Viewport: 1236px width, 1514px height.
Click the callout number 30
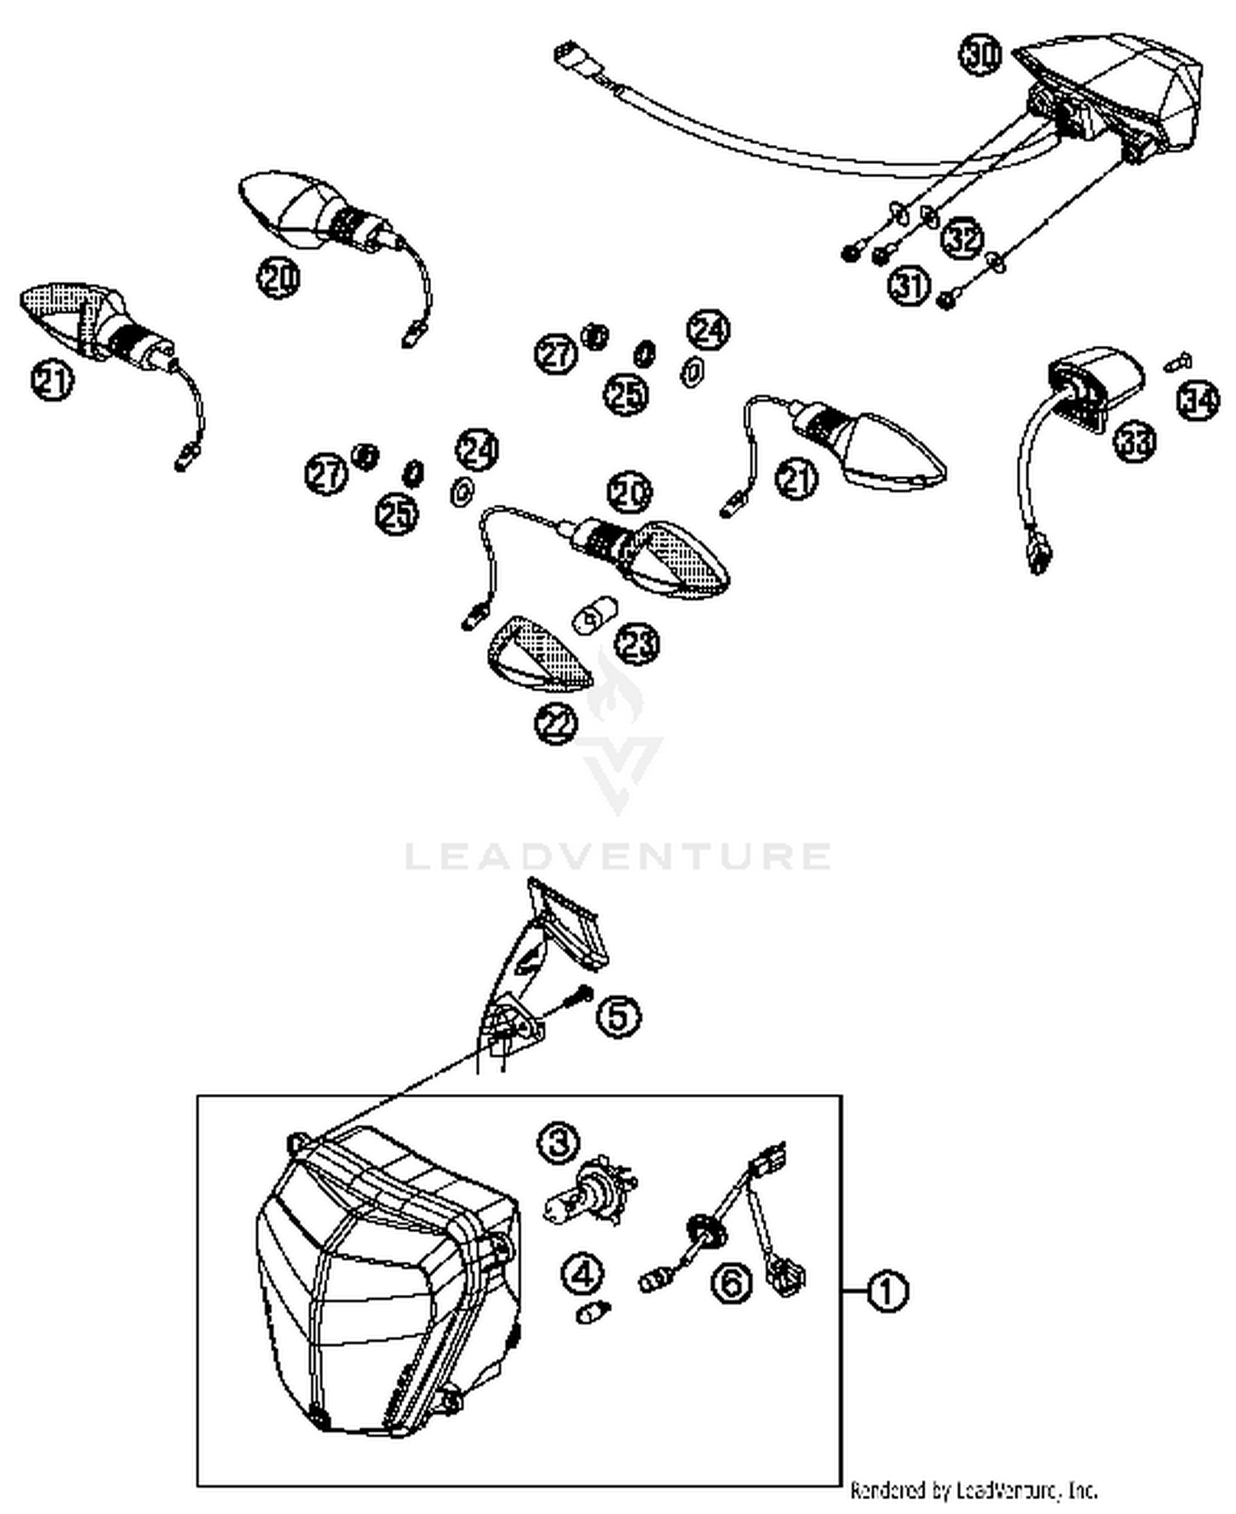980,56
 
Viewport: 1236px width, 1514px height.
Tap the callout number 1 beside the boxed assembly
887,1291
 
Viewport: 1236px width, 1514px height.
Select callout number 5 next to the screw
619,1016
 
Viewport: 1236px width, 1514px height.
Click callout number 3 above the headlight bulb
559,1143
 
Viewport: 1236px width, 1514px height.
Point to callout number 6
732,1282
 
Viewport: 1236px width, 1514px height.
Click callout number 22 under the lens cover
556,723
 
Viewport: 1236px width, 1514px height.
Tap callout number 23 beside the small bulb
637,643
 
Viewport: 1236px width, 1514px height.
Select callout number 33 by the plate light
1135,442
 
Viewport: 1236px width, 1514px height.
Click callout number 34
1197,400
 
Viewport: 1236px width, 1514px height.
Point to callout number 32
962,238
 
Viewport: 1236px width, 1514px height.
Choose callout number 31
910,286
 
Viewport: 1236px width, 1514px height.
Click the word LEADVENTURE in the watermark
618,857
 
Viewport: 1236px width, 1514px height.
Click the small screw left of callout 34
1179,361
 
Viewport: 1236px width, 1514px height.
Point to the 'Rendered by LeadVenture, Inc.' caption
973,1489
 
